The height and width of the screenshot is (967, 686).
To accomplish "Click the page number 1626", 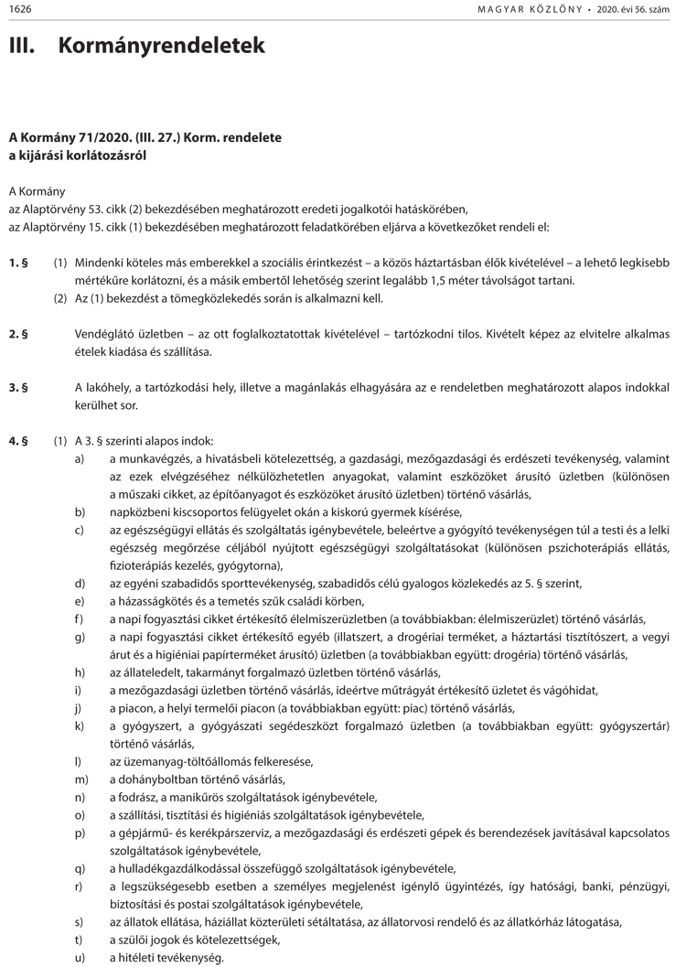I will (20, 8).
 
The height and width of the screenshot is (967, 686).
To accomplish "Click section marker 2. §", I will (18, 333).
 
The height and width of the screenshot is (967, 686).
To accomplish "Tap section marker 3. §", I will (18, 387).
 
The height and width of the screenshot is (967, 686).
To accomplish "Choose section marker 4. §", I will (18, 440).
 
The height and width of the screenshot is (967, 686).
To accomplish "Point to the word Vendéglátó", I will (105, 333).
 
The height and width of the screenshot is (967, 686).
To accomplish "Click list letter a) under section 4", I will (80, 458).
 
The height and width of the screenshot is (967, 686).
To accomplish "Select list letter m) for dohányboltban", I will (81, 779).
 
